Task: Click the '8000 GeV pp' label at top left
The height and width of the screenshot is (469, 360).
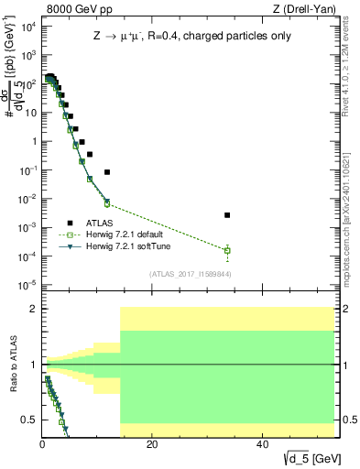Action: [72, 9]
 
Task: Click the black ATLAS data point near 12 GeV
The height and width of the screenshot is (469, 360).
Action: [107, 172]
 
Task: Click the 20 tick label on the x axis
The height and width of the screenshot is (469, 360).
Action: [152, 444]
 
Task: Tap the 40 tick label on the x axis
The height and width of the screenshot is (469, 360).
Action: [262, 444]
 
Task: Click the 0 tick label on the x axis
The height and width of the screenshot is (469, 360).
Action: [42, 444]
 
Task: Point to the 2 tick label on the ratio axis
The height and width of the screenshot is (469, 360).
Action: [32, 310]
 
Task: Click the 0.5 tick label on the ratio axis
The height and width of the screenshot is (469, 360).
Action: [28, 420]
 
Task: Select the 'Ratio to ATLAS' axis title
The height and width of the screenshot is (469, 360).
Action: [11, 365]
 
